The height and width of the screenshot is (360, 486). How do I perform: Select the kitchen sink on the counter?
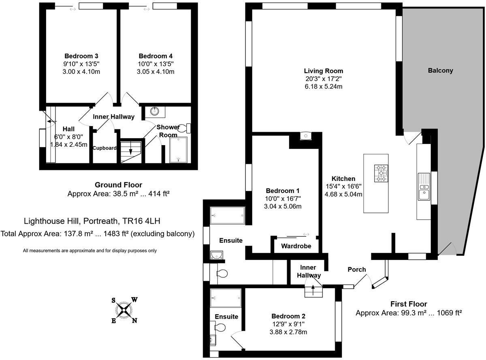424,186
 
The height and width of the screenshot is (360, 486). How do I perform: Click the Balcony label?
440,71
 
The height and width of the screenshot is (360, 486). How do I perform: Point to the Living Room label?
324,71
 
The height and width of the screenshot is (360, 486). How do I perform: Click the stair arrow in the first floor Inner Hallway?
313,291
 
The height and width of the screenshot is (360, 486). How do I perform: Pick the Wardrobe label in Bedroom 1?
296,246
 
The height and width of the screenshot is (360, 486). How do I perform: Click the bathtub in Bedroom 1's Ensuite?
228,216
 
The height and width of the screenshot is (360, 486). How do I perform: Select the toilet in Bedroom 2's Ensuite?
220,328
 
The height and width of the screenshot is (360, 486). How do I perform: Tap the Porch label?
357,270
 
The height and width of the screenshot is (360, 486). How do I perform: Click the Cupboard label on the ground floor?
104,148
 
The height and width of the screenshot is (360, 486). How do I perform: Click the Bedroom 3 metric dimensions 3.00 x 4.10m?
81,72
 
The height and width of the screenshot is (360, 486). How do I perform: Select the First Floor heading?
409,304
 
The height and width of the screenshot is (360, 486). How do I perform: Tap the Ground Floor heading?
118,185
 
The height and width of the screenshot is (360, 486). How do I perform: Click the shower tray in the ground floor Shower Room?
178,149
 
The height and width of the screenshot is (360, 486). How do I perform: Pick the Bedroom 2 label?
288,316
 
